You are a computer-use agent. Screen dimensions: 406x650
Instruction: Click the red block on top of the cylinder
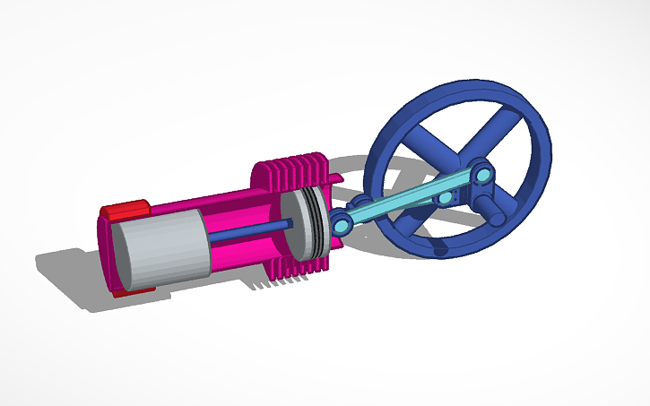(x=124, y=211)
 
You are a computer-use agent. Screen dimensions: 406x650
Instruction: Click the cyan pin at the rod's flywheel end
(x=482, y=172)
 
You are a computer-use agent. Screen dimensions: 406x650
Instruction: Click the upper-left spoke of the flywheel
(x=422, y=143)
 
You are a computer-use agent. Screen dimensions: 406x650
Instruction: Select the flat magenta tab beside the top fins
(x=332, y=183)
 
